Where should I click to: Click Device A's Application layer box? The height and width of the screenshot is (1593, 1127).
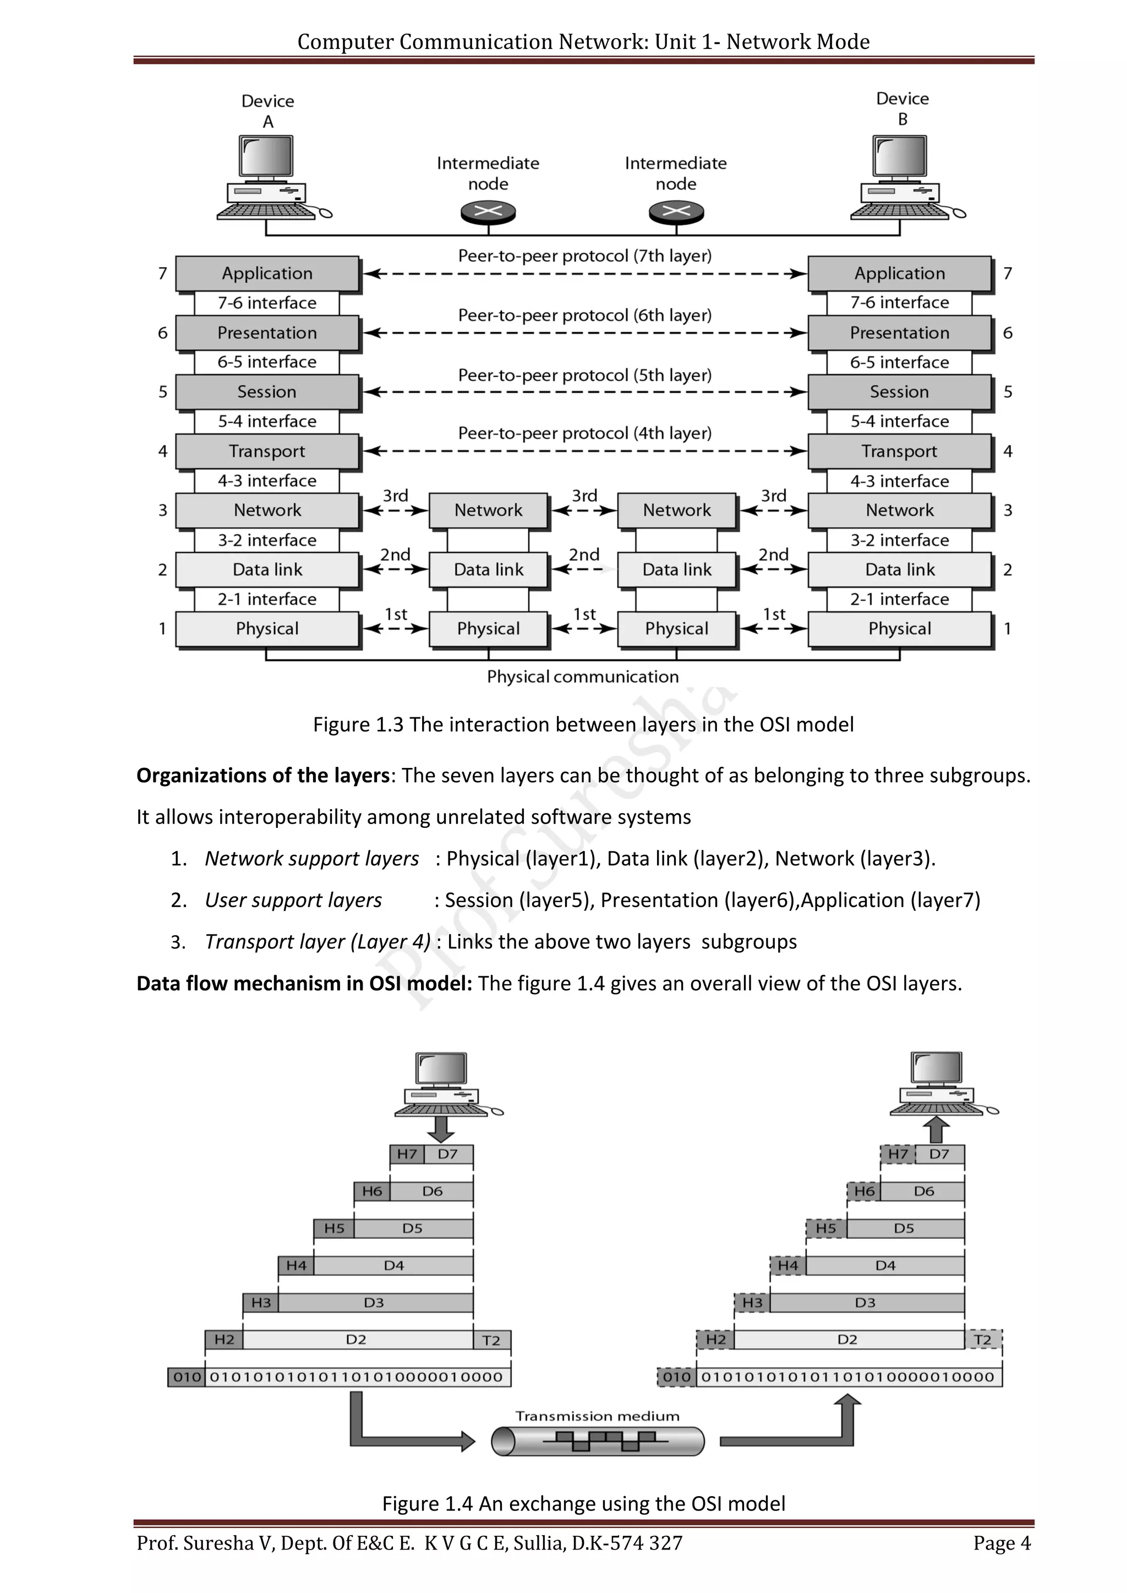(x=267, y=273)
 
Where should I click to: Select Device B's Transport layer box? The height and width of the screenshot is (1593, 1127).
(x=899, y=451)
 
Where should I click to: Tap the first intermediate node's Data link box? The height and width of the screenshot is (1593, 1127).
(x=489, y=570)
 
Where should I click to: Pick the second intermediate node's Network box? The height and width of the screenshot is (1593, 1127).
(x=677, y=510)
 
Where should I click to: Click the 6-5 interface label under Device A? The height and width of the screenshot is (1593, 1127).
(x=267, y=362)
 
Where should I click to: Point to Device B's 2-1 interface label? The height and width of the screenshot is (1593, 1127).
(x=899, y=600)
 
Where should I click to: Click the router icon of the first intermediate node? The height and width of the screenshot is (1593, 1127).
(x=489, y=212)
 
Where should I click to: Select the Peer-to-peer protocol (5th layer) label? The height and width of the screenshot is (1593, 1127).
(x=584, y=375)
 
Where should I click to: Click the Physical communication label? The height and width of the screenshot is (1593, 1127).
(x=583, y=677)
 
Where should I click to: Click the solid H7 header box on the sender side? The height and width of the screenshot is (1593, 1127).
(x=407, y=1154)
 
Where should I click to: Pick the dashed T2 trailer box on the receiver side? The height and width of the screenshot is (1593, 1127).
(x=983, y=1339)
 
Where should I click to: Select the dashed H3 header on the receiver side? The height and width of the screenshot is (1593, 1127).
(x=752, y=1303)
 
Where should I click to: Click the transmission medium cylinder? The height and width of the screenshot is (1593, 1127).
(x=598, y=1441)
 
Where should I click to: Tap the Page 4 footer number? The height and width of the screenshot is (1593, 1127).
(x=1002, y=1543)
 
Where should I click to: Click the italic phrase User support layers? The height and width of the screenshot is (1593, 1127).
(x=293, y=900)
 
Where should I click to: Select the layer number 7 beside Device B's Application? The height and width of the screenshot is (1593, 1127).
(x=1008, y=273)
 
